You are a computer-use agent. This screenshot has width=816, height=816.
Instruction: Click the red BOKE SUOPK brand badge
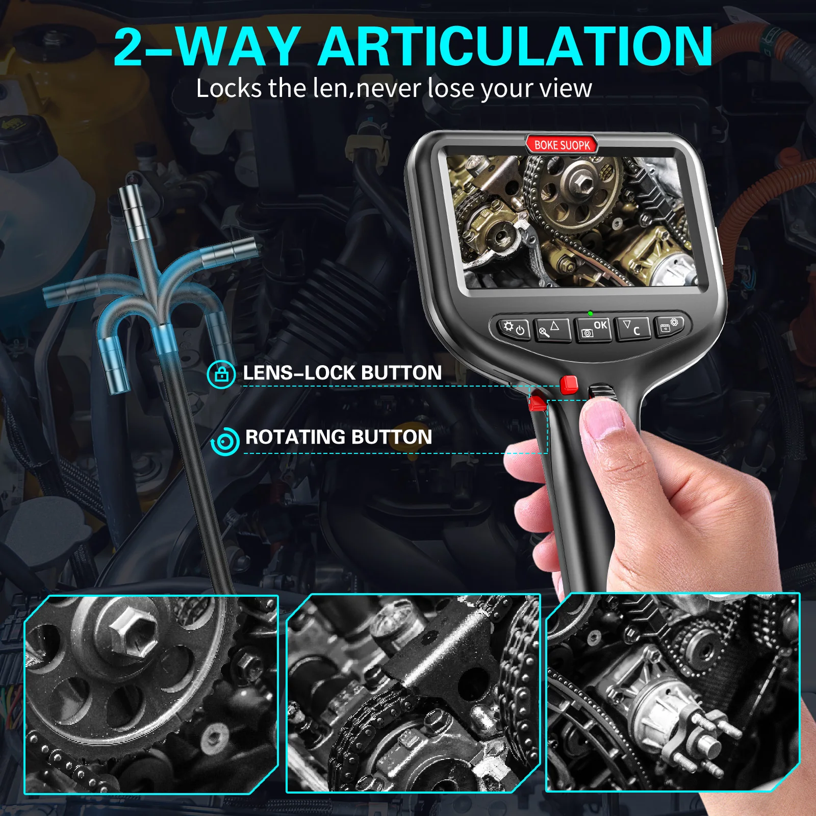[562, 145]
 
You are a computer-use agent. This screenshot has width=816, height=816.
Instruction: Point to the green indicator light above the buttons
[590, 313]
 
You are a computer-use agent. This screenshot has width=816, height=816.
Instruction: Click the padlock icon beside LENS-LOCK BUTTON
[221, 374]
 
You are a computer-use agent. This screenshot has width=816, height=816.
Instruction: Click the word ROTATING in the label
[295, 437]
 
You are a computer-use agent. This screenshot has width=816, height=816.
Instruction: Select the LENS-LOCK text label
[299, 373]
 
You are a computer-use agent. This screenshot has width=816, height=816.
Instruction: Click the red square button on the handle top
[568, 385]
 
